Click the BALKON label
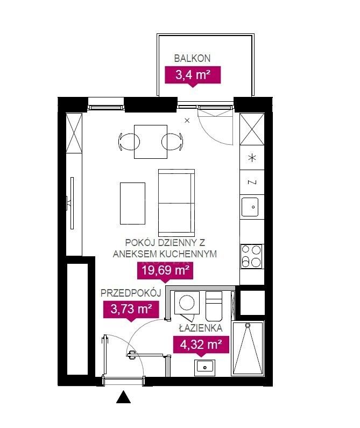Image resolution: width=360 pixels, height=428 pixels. tap(192, 59)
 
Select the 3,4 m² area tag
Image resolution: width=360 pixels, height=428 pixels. tap(193, 75)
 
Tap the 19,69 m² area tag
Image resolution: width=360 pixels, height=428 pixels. tap(165, 270)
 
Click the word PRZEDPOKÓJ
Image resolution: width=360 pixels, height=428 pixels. tap(131, 293)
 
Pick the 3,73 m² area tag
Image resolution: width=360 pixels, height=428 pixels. tap(131, 309)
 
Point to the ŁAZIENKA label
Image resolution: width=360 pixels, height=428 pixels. tap(201, 328)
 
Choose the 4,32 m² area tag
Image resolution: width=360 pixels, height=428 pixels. tap(201, 344)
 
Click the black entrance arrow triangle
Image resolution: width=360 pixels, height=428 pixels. tap(123, 397)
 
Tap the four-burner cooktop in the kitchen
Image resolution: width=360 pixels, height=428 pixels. tap(252, 256)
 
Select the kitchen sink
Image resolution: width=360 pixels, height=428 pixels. tap(250, 207)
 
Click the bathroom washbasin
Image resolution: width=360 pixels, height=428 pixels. tap(204, 368)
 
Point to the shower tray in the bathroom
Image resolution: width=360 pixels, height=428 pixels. tap(248, 349)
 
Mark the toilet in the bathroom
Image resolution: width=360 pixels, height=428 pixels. tap(214, 306)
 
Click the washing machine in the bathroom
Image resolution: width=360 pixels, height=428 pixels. tap(187, 303)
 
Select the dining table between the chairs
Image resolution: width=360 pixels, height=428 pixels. tap(150, 142)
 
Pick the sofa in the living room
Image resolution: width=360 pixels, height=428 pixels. tap(177, 202)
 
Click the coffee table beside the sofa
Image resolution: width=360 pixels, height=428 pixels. tap(133, 204)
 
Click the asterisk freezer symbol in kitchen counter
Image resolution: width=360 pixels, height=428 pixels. tap(252, 158)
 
